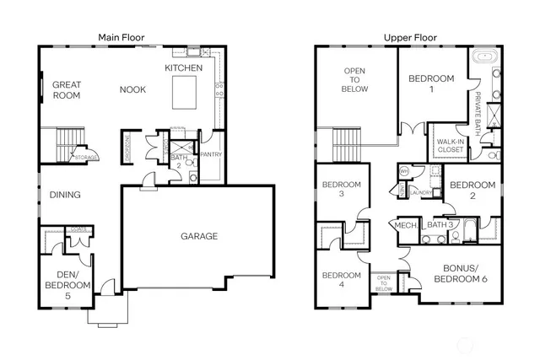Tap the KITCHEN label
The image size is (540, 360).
[183, 67]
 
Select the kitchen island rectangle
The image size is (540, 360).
[188, 92]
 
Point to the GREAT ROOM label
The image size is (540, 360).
[67, 89]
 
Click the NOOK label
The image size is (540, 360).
[132, 89]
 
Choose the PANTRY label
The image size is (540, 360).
[210, 155]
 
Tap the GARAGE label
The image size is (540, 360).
[198, 236]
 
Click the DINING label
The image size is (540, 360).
[65, 195]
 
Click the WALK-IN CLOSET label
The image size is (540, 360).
[447, 146]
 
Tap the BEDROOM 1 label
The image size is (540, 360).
[430, 83]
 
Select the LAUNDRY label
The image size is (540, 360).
[422, 192]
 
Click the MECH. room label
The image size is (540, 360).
[406, 225]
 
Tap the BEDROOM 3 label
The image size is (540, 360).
[341, 189]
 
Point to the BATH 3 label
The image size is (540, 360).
[441, 225]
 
